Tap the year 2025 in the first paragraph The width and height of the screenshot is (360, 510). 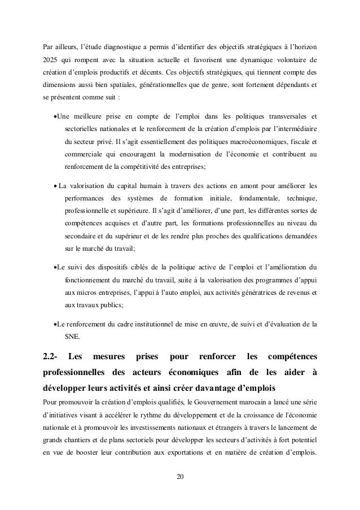51,60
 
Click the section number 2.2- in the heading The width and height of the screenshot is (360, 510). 54,358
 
